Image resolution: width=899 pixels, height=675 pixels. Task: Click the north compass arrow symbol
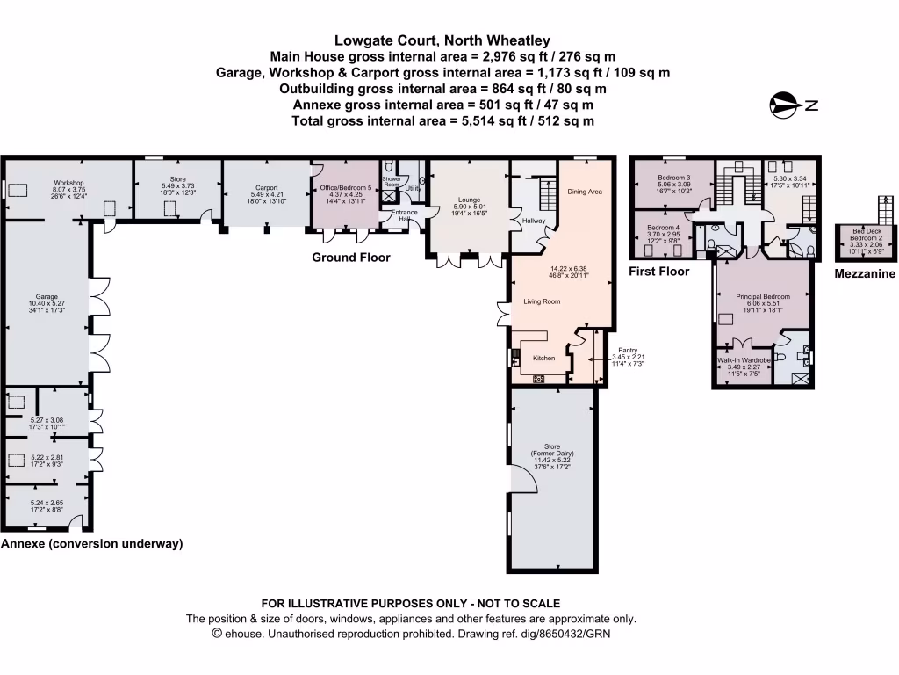[785, 105]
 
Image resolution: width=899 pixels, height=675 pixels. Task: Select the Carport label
[266, 188]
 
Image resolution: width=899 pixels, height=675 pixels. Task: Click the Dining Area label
[585, 191]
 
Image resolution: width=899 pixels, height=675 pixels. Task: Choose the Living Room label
[542, 301]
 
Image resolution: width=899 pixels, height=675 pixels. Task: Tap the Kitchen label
[544, 358]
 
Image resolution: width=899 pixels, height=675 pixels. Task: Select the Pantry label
[628, 349]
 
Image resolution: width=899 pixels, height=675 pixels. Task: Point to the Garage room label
[47, 296]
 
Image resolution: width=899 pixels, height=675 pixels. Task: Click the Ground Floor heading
[351, 258]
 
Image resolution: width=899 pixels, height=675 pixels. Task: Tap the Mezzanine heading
[865, 274]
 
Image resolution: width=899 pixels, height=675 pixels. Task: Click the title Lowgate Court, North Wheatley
[442, 40]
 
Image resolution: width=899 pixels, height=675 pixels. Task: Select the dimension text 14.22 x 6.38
[565, 269]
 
